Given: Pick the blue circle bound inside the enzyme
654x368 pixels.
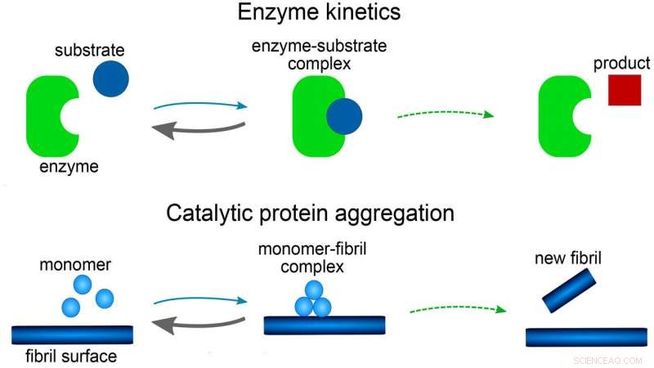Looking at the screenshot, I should pyautogui.click(x=343, y=117).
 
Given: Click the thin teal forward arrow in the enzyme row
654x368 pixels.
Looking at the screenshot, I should pyautogui.click(x=200, y=105).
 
